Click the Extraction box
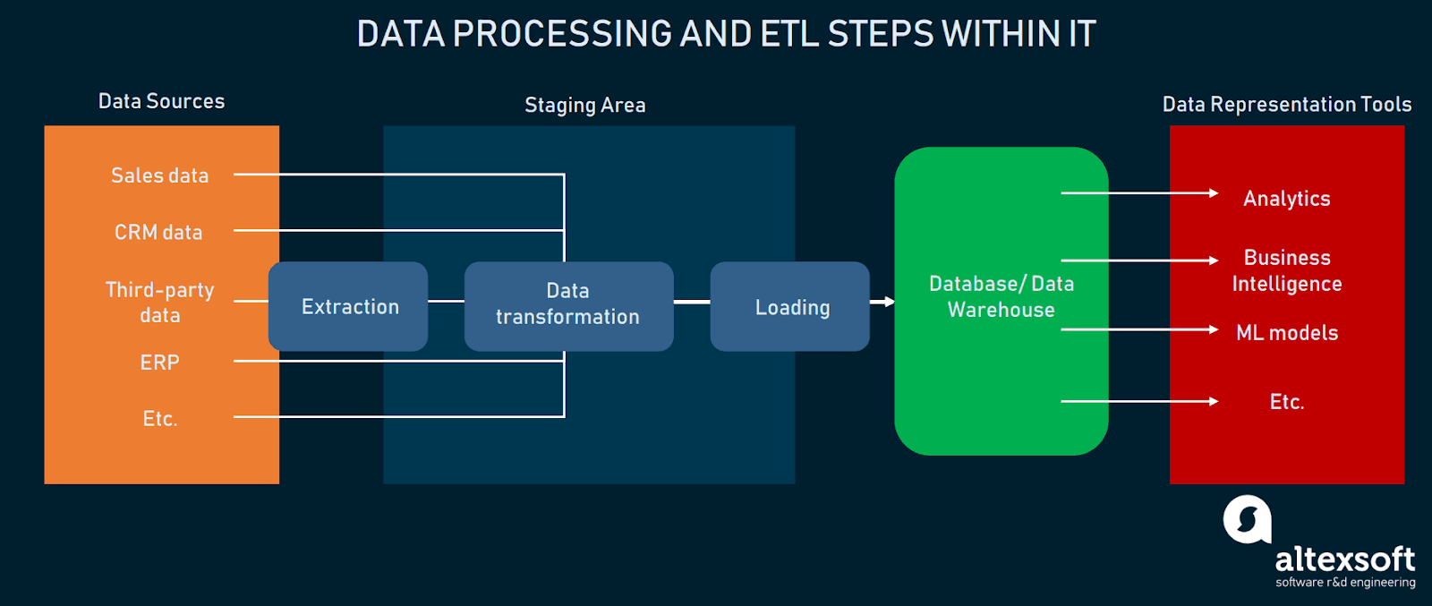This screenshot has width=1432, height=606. (348, 306)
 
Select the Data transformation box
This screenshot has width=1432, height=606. (568, 305)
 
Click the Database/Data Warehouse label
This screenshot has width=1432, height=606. (1001, 296)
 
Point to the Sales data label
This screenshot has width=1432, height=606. (159, 175)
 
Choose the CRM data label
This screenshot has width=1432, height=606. (158, 232)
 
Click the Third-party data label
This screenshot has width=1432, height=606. (159, 303)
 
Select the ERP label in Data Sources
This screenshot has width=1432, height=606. (159, 363)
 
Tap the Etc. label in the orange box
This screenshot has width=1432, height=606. (160, 419)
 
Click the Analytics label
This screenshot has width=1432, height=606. (1286, 199)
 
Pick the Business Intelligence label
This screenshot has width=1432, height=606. (1286, 270)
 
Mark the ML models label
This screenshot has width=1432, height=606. (1286, 333)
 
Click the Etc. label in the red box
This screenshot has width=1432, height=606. (1286, 402)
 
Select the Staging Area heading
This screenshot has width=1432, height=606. (584, 106)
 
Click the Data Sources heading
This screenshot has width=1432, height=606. (161, 101)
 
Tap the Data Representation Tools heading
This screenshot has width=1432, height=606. (1286, 105)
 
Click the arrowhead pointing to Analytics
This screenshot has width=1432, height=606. (1214, 192)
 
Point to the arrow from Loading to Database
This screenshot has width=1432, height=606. (882, 302)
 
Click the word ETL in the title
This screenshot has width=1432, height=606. (790, 34)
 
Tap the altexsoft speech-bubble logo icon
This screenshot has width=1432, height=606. (1247, 519)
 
